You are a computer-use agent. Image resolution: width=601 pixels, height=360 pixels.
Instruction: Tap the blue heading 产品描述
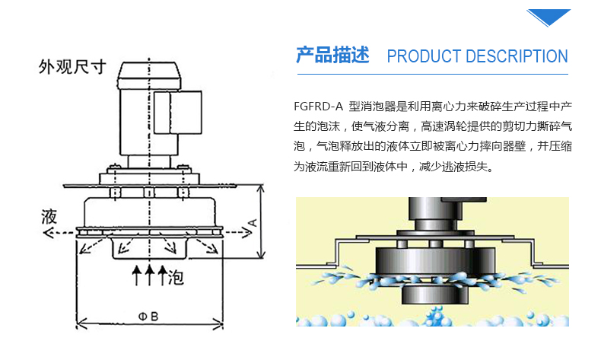(x=332, y=56)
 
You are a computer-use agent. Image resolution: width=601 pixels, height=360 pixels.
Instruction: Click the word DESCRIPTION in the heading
(x=517, y=56)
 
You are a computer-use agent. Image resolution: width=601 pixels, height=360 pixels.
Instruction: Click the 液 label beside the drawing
(x=49, y=217)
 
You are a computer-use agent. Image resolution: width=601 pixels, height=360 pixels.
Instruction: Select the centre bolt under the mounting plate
(x=148, y=193)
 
